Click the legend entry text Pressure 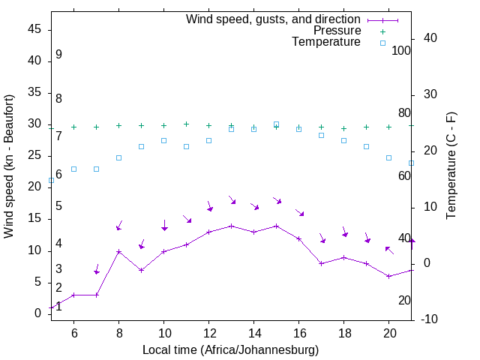(x=337, y=31)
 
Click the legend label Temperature (x=326, y=42)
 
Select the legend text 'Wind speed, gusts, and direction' (x=273, y=19)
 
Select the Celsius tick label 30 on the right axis (x=431, y=94)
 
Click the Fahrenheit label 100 (x=401, y=50)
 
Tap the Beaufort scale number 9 (x=58, y=55)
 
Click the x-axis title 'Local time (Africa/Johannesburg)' (x=231, y=349)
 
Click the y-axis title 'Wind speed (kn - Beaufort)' (x=10, y=166)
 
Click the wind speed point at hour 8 (x=118, y=251)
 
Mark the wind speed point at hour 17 (x=321, y=263)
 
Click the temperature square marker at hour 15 (x=276, y=124)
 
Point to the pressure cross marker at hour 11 (x=186, y=124)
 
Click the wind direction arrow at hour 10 (x=164, y=224)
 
